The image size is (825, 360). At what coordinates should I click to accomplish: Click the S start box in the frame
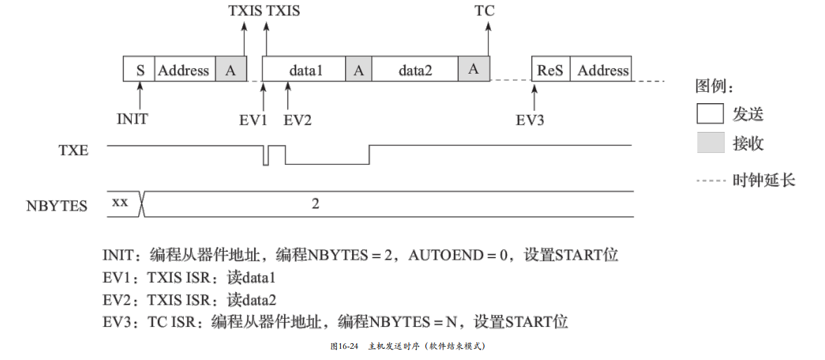click(139, 70)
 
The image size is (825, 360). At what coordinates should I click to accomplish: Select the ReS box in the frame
click(550, 70)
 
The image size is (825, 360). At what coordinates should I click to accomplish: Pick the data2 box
click(415, 70)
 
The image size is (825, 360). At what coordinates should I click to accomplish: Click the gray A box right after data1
click(358, 70)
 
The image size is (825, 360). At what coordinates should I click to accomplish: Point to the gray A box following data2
click(474, 70)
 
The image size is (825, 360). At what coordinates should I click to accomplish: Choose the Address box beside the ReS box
click(603, 70)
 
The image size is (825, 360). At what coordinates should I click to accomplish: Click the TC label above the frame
click(485, 11)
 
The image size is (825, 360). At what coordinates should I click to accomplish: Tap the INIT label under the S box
click(133, 119)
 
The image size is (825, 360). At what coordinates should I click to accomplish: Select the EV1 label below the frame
click(253, 119)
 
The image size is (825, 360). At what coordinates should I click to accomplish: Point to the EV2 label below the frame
click(297, 119)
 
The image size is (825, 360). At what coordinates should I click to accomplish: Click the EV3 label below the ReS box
click(530, 119)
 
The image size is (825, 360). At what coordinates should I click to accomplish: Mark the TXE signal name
click(74, 149)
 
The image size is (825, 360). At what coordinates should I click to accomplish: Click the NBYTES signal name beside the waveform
click(57, 206)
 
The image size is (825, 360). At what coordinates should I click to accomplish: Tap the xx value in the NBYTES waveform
click(120, 202)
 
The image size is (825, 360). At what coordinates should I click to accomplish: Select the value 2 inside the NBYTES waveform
click(316, 204)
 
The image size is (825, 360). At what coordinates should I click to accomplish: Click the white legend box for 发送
click(710, 114)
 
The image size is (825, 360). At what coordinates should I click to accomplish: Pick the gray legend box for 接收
click(710, 144)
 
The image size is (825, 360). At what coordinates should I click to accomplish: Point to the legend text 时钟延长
click(763, 180)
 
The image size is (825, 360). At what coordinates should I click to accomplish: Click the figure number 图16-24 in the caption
click(344, 347)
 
